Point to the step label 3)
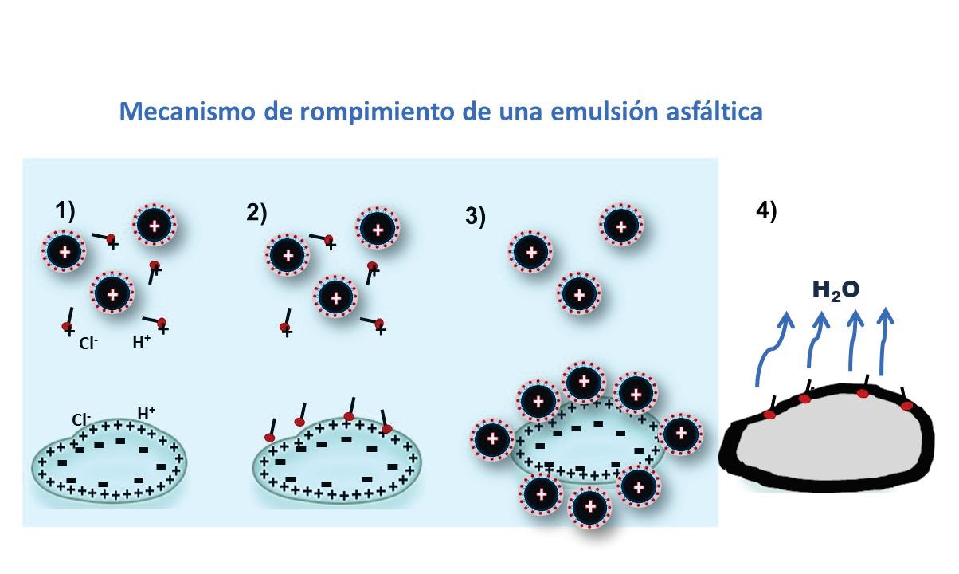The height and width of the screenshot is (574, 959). tap(476, 217)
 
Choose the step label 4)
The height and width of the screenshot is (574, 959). tap(765, 211)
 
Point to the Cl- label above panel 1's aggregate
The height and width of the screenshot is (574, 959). tap(81, 418)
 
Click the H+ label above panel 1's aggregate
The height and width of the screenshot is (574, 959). tap(147, 412)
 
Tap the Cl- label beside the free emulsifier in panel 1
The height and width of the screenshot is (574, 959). tap(88, 344)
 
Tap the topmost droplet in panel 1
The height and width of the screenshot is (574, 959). tap(154, 227)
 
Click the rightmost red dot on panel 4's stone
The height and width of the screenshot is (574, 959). tap(907, 406)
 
